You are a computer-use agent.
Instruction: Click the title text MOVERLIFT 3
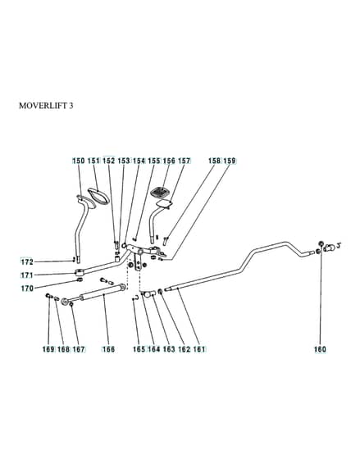click(46, 106)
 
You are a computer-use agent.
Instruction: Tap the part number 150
click(79, 161)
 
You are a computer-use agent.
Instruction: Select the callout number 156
click(169, 161)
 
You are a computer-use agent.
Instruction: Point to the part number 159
click(230, 161)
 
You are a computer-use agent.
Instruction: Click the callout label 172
click(27, 261)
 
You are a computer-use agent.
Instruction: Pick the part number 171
click(27, 275)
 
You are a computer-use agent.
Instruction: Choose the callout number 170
click(27, 289)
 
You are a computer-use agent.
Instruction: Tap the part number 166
click(108, 349)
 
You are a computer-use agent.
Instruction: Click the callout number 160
click(320, 349)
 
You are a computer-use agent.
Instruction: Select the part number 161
click(199, 349)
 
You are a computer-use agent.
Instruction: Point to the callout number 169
click(48, 349)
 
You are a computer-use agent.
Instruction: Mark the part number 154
click(139, 161)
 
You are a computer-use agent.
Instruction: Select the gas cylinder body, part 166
click(101, 293)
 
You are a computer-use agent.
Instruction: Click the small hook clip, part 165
click(135, 298)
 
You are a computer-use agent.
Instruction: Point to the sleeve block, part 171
click(80, 272)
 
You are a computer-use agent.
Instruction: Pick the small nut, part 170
click(80, 280)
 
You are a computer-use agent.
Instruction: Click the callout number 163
click(169, 349)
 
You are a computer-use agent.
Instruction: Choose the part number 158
click(214, 161)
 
